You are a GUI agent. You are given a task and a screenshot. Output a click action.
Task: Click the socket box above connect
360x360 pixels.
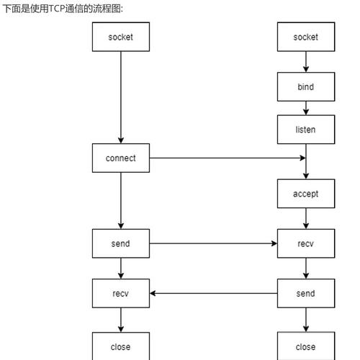point(120,37)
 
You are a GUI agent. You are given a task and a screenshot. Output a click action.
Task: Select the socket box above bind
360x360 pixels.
point(306,37)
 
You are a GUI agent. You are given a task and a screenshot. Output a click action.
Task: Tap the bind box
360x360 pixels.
point(306,87)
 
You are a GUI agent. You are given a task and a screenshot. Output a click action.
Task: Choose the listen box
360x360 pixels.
point(306,130)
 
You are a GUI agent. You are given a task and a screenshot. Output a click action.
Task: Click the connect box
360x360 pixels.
point(120,158)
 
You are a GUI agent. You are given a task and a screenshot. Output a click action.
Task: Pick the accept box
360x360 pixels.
point(306,194)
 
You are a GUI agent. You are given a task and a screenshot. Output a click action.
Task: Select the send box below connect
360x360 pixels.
point(120,243)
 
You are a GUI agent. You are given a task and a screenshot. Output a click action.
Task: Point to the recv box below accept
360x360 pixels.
point(306,243)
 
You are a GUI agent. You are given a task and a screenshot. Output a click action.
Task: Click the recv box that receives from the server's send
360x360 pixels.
point(120,293)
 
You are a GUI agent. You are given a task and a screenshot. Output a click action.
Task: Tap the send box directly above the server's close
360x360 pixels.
point(306,293)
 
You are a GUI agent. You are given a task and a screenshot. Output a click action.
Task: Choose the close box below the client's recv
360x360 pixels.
point(120,346)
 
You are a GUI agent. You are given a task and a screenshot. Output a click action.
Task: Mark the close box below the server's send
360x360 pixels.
point(306,346)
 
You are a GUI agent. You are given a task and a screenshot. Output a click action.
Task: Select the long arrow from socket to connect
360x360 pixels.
point(120,97)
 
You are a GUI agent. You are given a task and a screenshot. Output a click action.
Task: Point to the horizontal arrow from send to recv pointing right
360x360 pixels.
point(213,243)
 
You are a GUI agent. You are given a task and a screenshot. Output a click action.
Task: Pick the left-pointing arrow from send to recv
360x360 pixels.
point(213,293)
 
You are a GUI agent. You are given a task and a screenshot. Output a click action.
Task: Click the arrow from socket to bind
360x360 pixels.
point(306,62)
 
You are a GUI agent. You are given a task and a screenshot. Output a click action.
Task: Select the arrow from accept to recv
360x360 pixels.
point(306,218)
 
